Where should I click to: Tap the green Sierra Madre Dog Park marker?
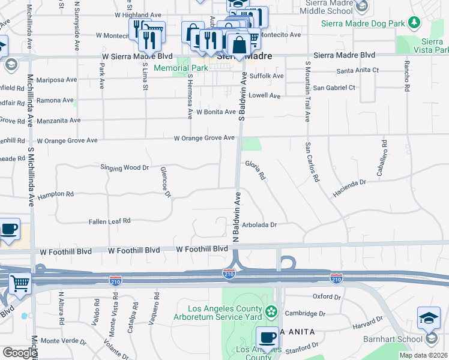click(414, 23)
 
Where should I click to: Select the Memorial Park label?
click(181, 68)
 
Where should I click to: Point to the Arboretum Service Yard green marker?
click(272, 311)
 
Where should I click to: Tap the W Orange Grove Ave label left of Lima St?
click(67, 140)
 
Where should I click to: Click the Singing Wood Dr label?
click(124, 167)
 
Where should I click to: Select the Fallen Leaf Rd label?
click(110, 221)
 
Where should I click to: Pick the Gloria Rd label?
click(255, 169)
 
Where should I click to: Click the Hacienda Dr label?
click(349, 188)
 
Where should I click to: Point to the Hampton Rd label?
click(55, 195)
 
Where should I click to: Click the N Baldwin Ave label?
click(237, 217)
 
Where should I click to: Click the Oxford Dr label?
click(327, 296)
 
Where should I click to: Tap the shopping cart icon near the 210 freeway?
click(20, 283)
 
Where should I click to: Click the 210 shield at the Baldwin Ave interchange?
click(229, 274)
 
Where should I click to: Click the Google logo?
click(20, 352)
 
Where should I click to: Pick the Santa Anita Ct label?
click(358, 70)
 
